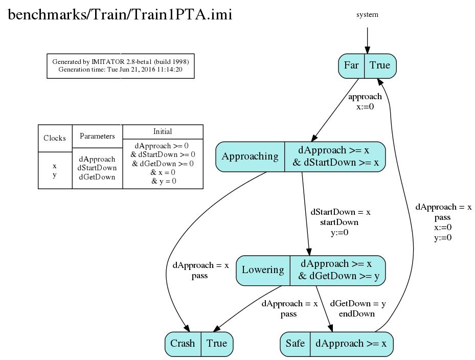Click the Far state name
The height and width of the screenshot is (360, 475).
(351, 65)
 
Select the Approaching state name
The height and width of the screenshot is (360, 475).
(250, 156)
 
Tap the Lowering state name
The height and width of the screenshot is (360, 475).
(263, 269)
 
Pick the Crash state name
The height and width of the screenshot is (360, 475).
(183, 343)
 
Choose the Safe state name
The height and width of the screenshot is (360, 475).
(295, 343)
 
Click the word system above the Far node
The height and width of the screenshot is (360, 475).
(367, 14)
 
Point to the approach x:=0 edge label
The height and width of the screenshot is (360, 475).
(365, 102)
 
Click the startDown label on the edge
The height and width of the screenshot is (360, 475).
(340, 222)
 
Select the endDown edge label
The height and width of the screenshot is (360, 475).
(356, 313)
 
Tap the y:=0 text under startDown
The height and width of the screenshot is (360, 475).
(340, 233)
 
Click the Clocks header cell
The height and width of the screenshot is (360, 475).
(55, 138)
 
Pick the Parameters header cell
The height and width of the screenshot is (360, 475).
(97, 136)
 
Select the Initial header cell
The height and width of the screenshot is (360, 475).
(163, 131)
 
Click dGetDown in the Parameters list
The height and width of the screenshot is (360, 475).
(97, 177)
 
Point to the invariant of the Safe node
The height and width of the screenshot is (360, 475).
(351, 343)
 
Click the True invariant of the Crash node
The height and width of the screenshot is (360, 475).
(217, 343)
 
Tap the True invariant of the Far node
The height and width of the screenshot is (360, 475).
(380, 65)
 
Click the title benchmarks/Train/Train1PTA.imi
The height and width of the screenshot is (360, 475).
(120, 14)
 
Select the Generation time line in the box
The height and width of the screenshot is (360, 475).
(120, 70)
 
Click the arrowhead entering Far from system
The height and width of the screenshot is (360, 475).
(367, 50)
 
